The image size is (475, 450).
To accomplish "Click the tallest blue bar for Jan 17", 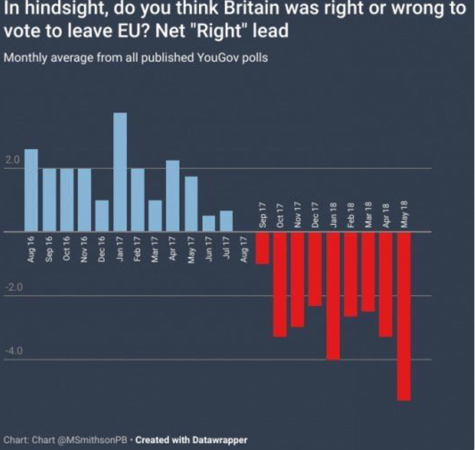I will pos(120,172).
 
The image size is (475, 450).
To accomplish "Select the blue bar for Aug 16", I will pos(31,190).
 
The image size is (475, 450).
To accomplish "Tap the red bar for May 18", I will pos(404,316).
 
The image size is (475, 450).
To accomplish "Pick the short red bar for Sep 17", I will pos(262,248).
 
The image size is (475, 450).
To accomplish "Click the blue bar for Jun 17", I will pos(209,223).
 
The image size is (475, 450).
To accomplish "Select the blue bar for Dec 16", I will pos(102,215).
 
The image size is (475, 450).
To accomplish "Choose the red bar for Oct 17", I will pos(280,284).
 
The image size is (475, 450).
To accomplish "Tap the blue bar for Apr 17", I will pos(173,196).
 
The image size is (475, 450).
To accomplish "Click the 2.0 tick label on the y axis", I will pos(12,160).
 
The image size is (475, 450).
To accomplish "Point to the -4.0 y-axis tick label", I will pos(14,351).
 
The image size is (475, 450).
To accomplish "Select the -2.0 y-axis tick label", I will pos(14,287).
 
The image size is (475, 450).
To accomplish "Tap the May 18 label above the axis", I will pos(404,214).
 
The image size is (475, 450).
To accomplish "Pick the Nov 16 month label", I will pos(84,249).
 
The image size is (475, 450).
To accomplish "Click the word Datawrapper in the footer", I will pos(219,440).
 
